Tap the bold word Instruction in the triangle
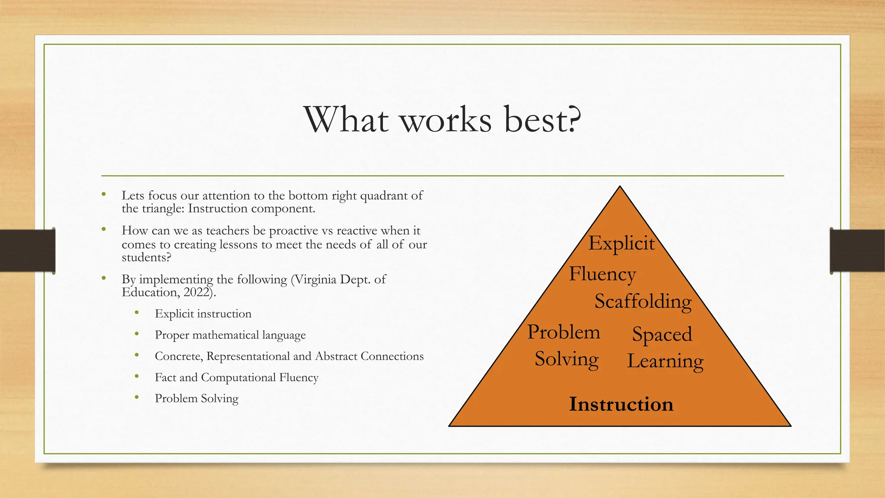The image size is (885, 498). click(x=621, y=404)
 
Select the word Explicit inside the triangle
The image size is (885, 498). click(x=621, y=243)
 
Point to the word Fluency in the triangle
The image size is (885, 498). click(x=602, y=274)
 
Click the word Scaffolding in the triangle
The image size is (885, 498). click(x=643, y=301)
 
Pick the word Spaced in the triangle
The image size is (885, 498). click(x=662, y=335)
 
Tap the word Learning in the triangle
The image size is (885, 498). click(x=665, y=361)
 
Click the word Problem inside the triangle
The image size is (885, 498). click(x=563, y=332)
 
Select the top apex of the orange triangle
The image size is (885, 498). click(x=620, y=187)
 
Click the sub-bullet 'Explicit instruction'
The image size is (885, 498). click(x=203, y=314)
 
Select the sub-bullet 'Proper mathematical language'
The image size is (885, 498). click(x=230, y=335)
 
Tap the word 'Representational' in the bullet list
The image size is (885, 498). click(x=248, y=356)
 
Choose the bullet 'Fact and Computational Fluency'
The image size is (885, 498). click(x=236, y=377)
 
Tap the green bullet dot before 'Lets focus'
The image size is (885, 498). click(x=104, y=195)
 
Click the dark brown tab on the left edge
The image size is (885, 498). click(x=27, y=251)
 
